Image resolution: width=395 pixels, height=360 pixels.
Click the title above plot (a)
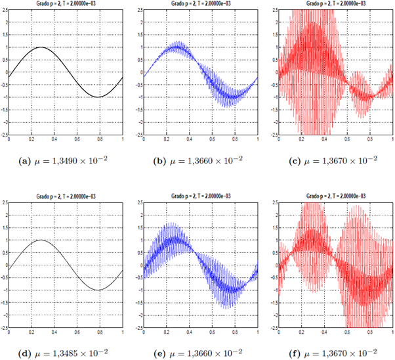tap(66, 3)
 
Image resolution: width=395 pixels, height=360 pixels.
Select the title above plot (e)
tap(199, 196)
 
